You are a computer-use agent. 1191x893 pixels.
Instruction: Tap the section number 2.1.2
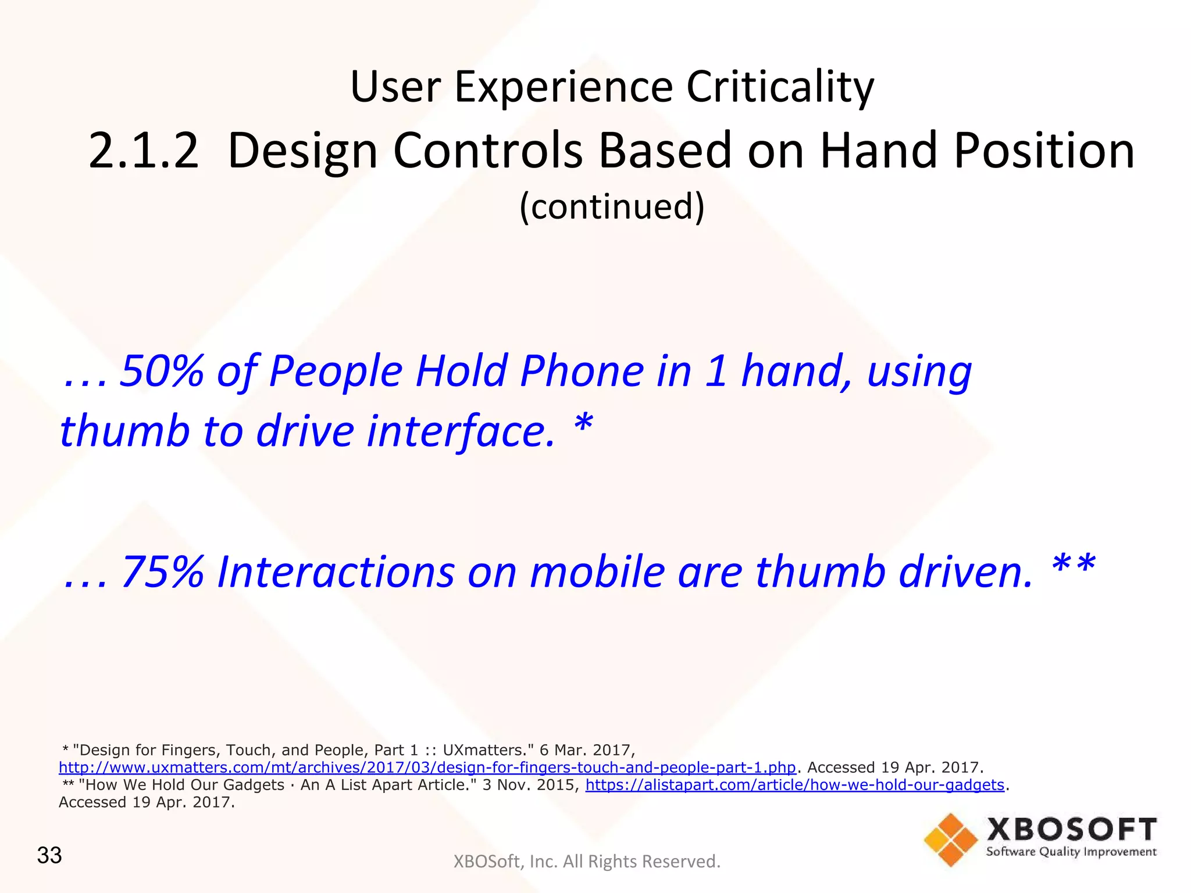point(144,151)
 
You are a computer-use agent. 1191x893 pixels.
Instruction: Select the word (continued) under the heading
point(612,206)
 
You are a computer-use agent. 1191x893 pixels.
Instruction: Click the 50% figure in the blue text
point(162,371)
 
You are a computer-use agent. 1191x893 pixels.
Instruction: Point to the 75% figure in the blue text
point(163,572)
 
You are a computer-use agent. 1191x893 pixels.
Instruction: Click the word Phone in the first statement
point(582,371)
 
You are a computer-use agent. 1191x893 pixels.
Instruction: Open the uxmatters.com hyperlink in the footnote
point(427,767)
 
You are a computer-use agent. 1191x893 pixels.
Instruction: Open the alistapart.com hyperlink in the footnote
point(794,785)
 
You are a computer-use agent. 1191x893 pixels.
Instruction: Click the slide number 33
point(49,855)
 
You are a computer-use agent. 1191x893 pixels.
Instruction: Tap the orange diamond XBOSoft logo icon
point(950,839)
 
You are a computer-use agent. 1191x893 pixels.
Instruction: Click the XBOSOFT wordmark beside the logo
point(1071,830)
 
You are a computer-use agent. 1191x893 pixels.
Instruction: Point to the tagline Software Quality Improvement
point(1071,852)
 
